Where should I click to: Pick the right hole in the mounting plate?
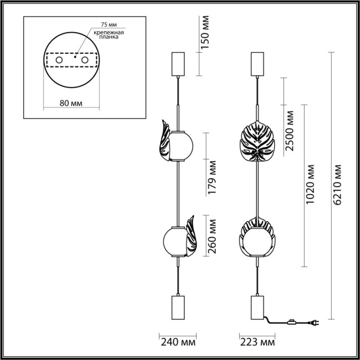85,59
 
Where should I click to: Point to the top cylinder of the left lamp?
178,64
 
